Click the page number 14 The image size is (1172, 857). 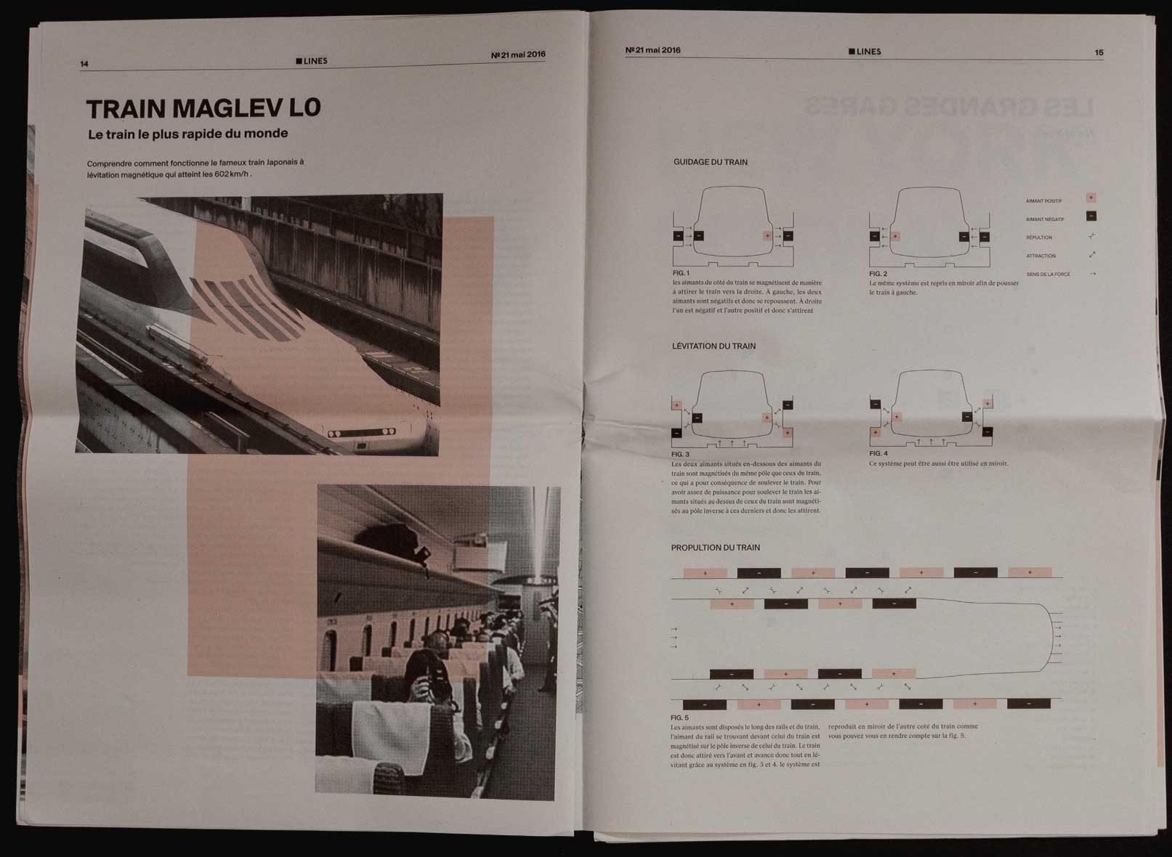pyautogui.click(x=84, y=64)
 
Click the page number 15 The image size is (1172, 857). pyautogui.click(x=1099, y=52)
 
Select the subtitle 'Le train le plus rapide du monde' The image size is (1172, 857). pyautogui.click(x=187, y=134)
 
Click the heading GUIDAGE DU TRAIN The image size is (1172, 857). pyautogui.click(x=710, y=162)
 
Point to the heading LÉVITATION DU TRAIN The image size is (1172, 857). pyautogui.click(x=714, y=346)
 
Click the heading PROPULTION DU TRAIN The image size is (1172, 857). pyautogui.click(x=715, y=548)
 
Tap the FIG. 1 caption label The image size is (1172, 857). pyautogui.click(x=681, y=273)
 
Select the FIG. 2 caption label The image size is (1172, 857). pyautogui.click(x=878, y=274)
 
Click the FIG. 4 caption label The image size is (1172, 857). pyautogui.click(x=878, y=453)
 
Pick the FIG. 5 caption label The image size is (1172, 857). pyautogui.click(x=679, y=718)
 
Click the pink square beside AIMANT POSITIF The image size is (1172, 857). pyautogui.click(x=1091, y=198)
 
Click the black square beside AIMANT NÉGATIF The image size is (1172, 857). pyautogui.click(x=1091, y=216)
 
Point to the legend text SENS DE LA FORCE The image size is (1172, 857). pyautogui.click(x=1048, y=275)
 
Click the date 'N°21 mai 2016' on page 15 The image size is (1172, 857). pyautogui.click(x=652, y=50)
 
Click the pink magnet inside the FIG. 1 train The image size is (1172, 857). pyautogui.click(x=767, y=235)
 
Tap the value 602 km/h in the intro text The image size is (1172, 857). pyautogui.click(x=232, y=175)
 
